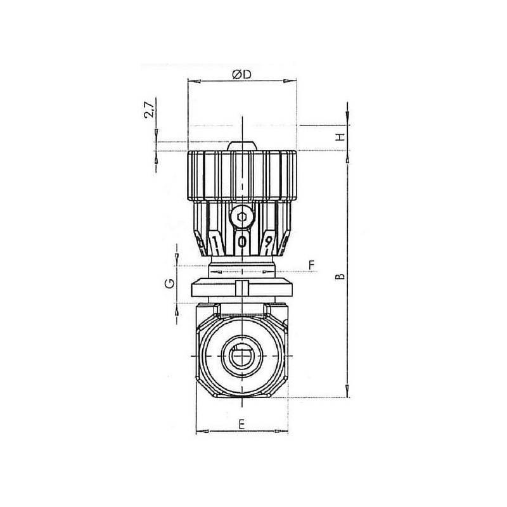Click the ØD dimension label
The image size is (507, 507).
(x=241, y=75)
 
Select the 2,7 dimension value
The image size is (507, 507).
(x=150, y=110)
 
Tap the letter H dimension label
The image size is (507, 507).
(x=340, y=137)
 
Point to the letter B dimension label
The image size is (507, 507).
(x=340, y=276)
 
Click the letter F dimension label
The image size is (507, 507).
(x=311, y=265)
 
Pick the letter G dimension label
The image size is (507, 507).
(x=170, y=283)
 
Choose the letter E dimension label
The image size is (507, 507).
(x=241, y=424)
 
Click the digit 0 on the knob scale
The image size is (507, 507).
(x=242, y=241)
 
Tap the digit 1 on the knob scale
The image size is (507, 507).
(x=214, y=241)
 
